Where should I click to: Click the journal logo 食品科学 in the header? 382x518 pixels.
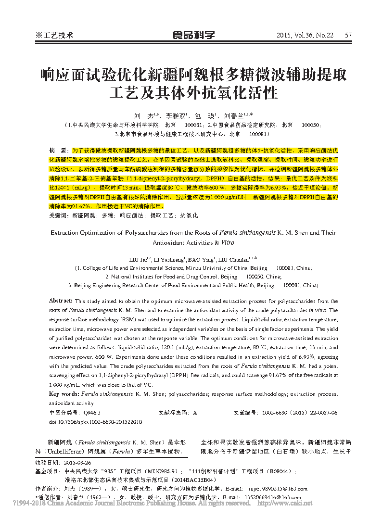click(193, 35)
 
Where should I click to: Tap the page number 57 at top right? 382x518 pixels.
click(349, 35)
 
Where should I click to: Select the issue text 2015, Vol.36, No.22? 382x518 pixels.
click(305, 35)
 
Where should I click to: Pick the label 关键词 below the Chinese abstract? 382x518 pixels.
click(58, 216)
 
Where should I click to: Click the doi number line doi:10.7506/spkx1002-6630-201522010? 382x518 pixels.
click(95, 422)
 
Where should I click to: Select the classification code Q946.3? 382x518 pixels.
click(92, 413)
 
